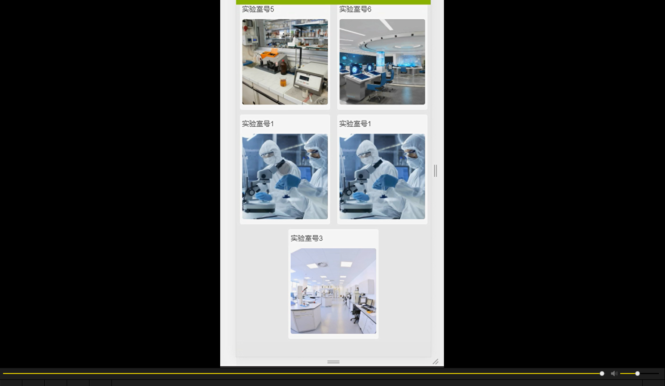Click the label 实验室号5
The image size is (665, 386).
click(257, 9)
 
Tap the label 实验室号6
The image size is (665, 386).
click(355, 9)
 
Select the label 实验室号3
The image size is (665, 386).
click(306, 238)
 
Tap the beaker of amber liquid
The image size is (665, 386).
click(283, 81)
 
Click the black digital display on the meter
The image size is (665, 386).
click(304, 79)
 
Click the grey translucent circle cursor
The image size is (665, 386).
click(284, 168)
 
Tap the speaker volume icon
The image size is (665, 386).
click(614, 374)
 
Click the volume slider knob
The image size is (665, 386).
click(637, 374)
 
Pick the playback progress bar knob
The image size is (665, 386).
click(602, 374)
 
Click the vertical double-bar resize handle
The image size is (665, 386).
click(435, 171)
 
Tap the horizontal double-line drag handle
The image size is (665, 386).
click(333, 362)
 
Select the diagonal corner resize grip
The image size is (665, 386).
click(436, 361)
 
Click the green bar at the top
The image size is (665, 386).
click(333, 2)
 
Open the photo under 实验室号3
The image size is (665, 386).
click(333, 291)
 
